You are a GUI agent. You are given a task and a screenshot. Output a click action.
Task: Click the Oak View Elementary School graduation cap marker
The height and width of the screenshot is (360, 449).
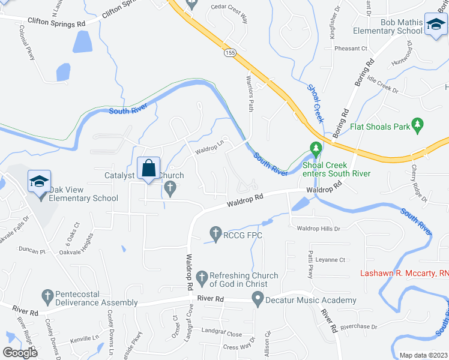(x=39, y=182)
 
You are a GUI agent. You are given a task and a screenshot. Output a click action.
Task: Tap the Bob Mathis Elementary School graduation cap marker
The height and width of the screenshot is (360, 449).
(x=435, y=26)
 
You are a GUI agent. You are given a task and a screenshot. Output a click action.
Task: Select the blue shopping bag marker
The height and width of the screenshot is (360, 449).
(x=148, y=169)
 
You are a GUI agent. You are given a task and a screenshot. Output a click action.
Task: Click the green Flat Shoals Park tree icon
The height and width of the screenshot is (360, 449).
(x=418, y=127)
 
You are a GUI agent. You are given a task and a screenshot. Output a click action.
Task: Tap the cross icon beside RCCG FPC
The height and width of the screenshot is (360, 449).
(x=216, y=232)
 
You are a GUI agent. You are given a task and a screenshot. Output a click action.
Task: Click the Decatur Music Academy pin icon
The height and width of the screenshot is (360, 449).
(x=258, y=298)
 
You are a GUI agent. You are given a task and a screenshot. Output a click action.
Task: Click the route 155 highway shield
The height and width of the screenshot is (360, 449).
(x=230, y=53)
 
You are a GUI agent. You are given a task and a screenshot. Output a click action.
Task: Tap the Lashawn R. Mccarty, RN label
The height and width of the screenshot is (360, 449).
(x=404, y=273)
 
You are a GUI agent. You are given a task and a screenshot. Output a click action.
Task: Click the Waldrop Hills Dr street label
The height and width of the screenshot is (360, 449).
(x=319, y=229)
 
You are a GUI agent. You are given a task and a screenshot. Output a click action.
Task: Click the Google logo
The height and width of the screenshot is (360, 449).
(x=20, y=353)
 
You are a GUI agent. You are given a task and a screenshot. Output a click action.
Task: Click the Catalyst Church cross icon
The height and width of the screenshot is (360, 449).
(x=170, y=189)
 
